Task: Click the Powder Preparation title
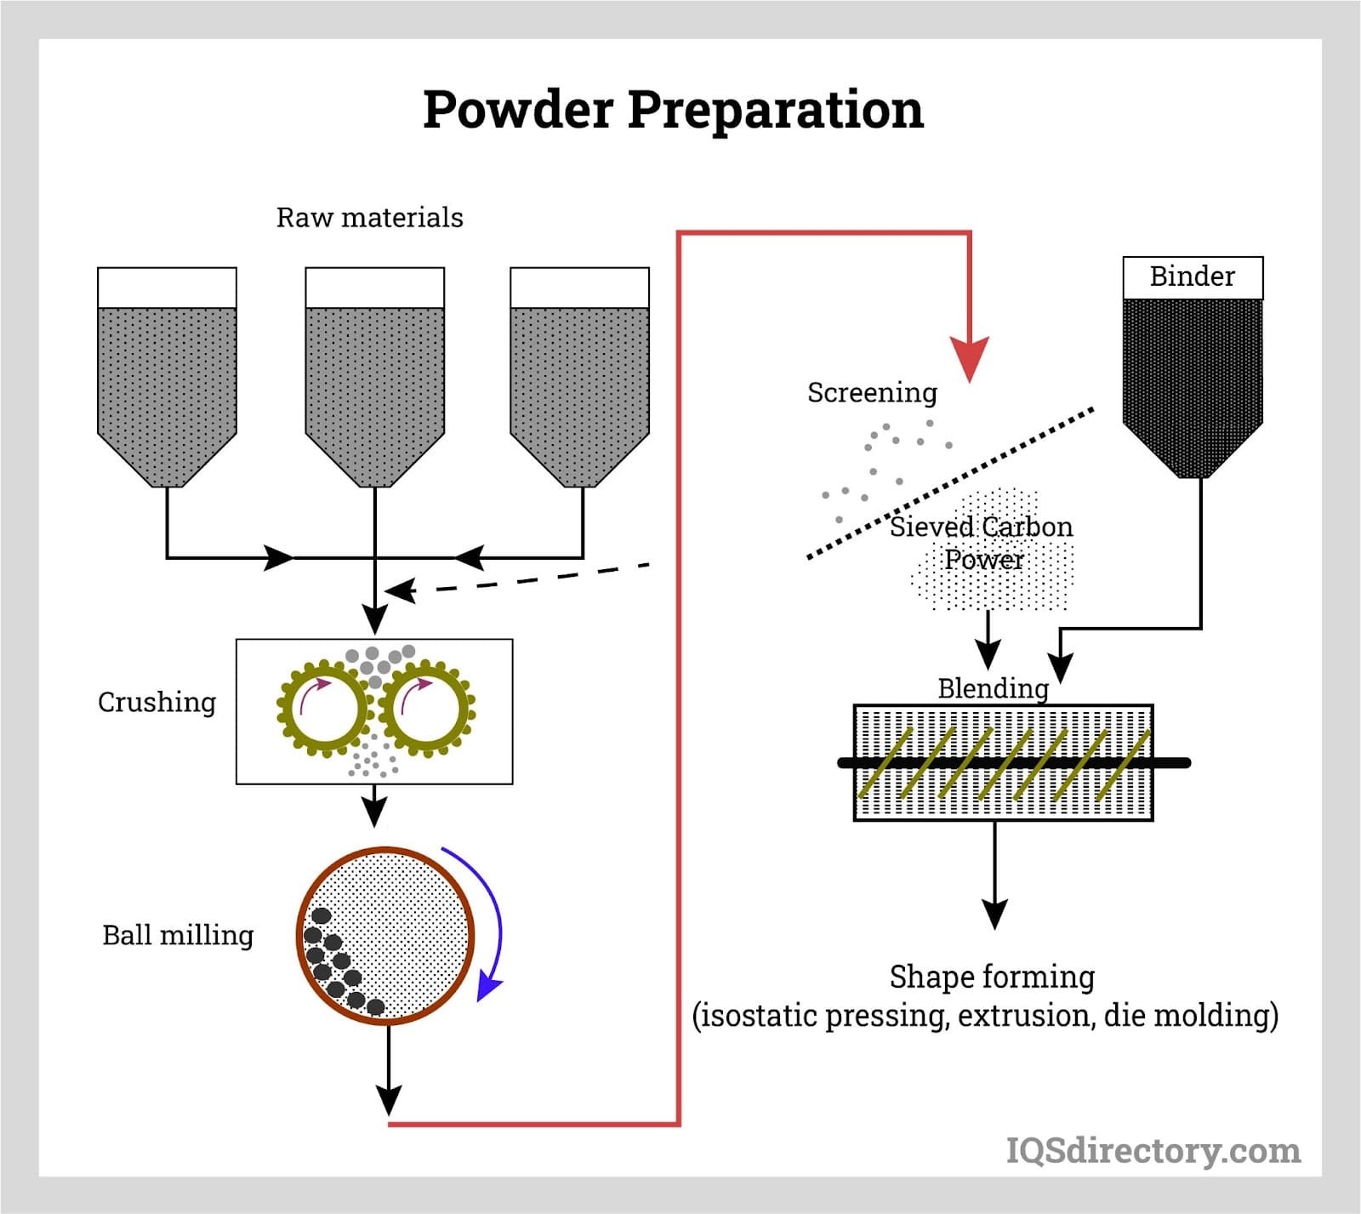click(673, 111)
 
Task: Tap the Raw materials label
click(369, 218)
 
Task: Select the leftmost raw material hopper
click(167, 377)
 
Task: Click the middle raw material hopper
click(374, 377)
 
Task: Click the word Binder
click(1192, 276)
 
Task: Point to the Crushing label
click(157, 703)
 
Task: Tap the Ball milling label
click(178, 935)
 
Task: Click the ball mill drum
click(385, 935)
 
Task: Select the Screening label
click(872, 393)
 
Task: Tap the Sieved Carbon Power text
click(982, 543)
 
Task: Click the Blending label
click(993, 688)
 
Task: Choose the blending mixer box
click(1003, 762)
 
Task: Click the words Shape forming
click(992, 977)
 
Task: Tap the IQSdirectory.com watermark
click(1153, 1150)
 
